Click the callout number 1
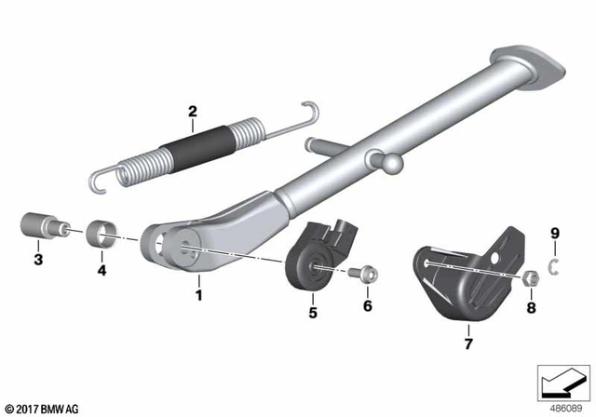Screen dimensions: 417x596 [x=196, y=295]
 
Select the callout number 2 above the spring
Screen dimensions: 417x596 [x=192, y=114]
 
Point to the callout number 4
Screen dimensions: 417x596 [x=102, y=271]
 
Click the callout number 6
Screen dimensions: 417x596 [x=367, y=305]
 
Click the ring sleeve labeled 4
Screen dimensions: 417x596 [x=102, y=232]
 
